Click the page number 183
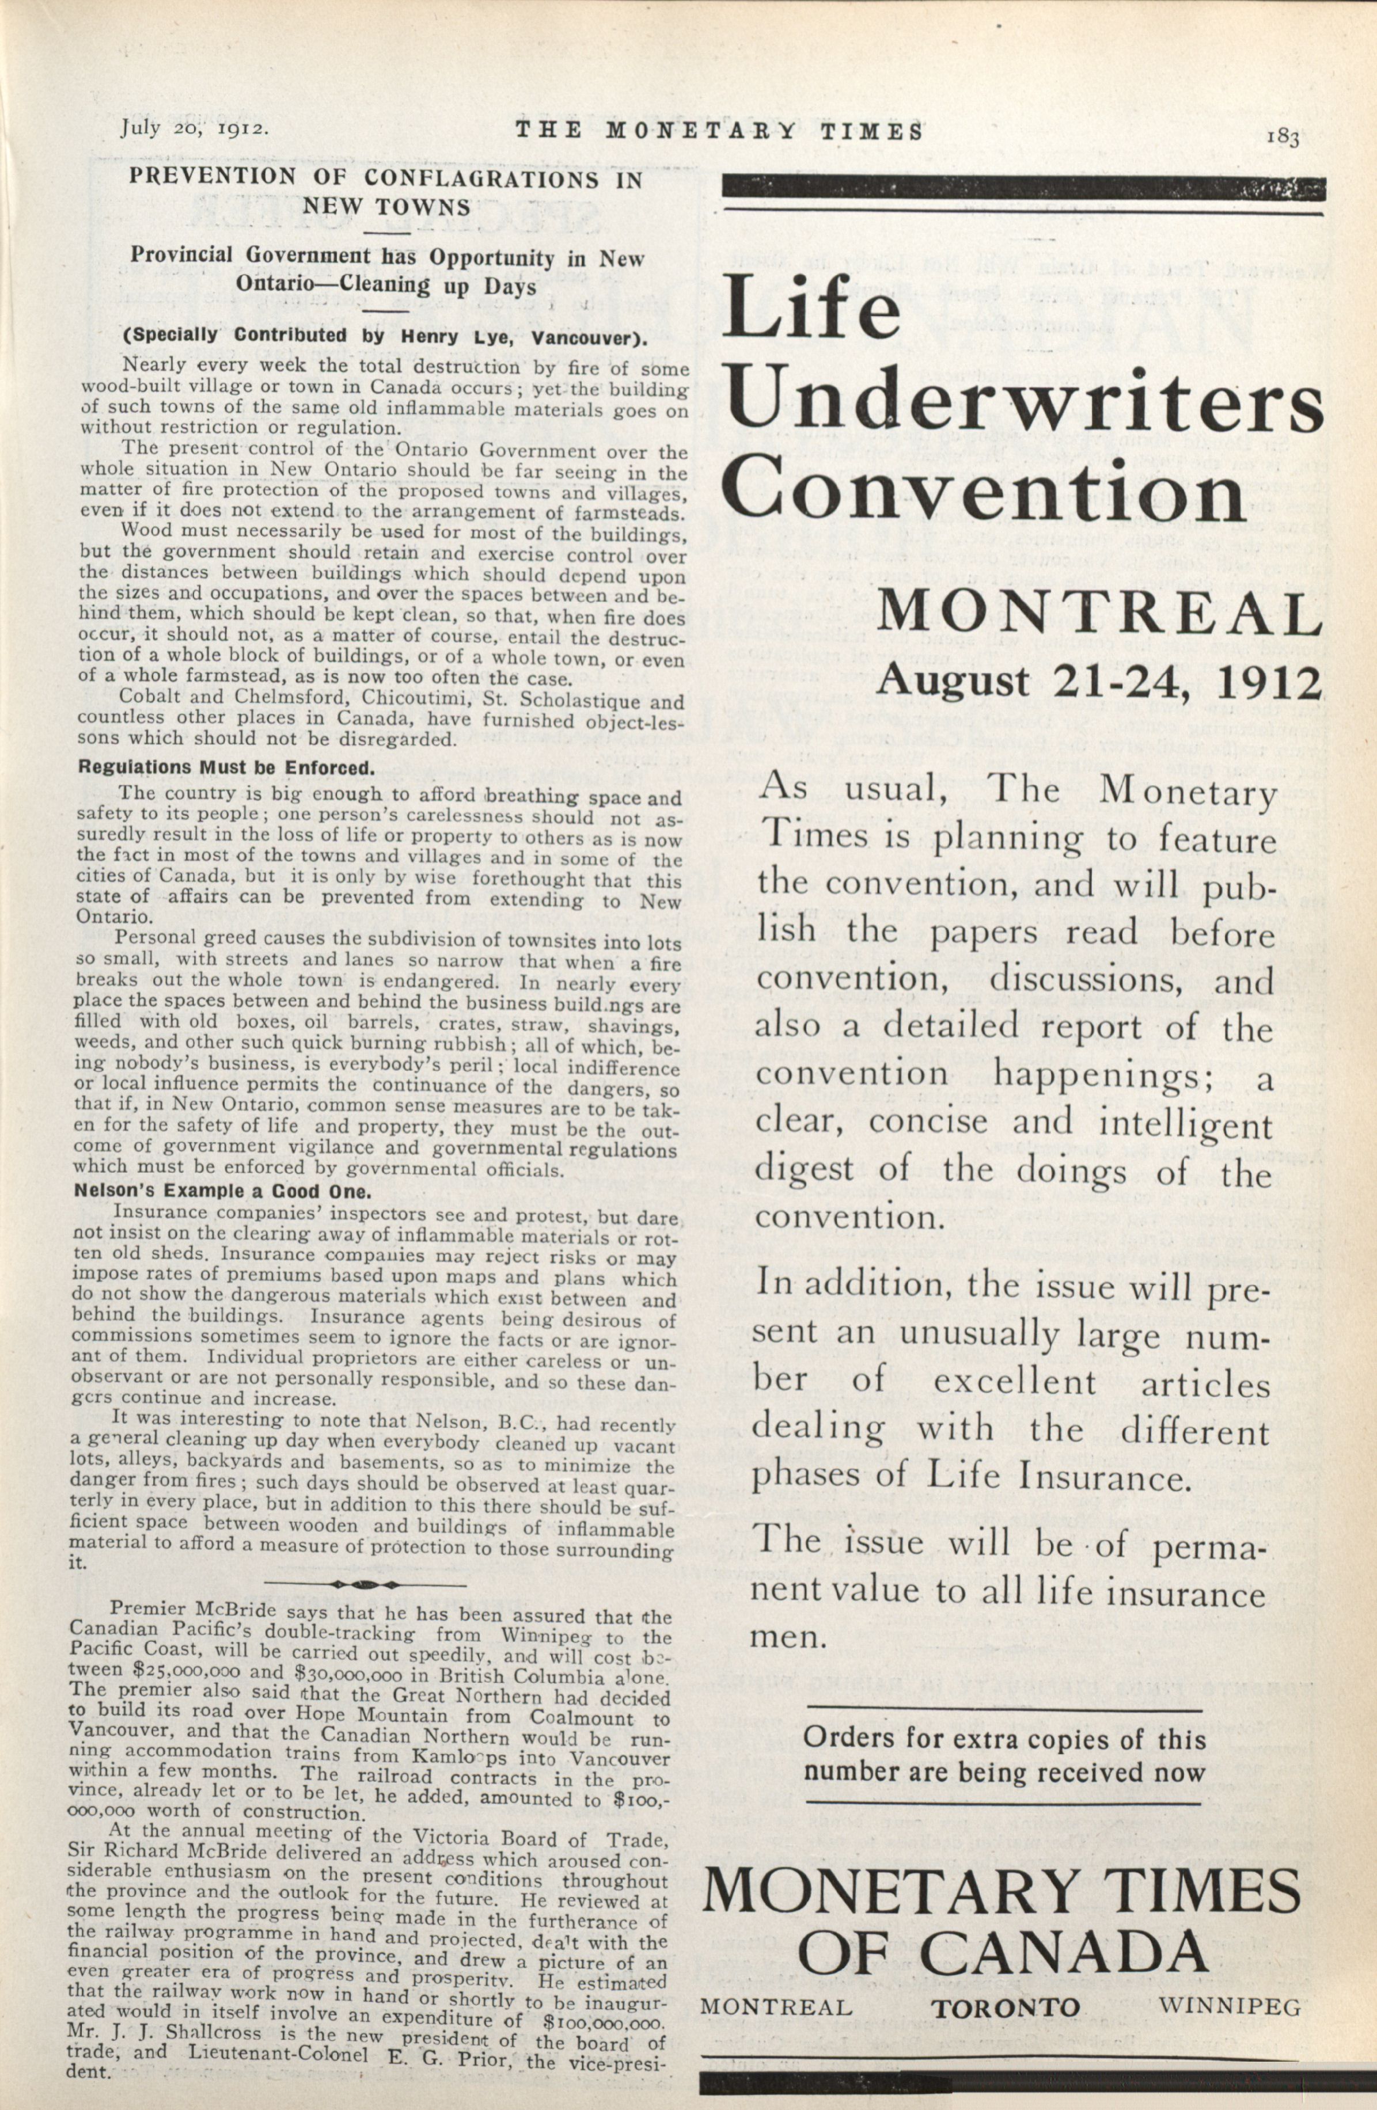point(1282,138)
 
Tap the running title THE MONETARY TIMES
point(720,131)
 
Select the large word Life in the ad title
point(812,309)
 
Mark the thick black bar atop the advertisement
point(1024,188)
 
